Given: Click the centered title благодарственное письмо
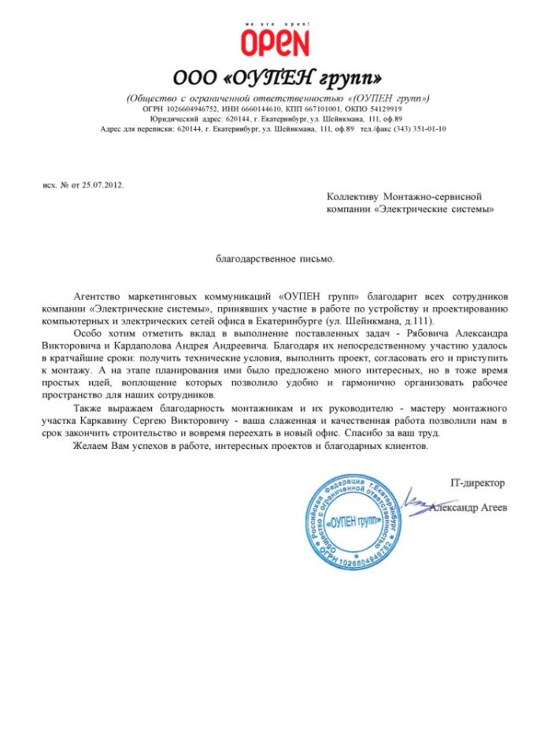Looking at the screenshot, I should tap(276, 258).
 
